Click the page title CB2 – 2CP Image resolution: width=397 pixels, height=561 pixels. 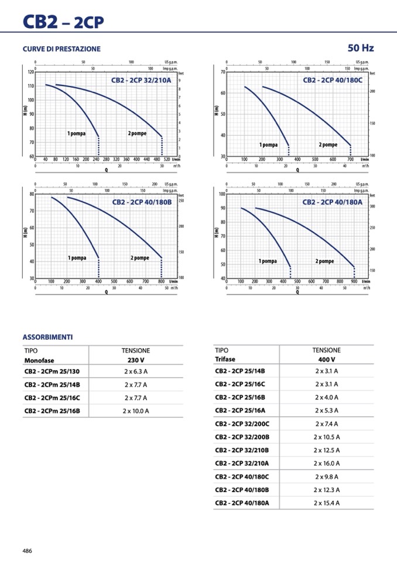(63, 22)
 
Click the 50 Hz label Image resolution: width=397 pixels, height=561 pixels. (360, 48)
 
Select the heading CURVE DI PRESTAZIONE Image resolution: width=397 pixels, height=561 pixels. (61, 49)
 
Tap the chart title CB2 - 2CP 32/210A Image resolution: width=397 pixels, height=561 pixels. (141, 80)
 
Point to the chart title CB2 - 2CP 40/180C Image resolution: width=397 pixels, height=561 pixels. (333, 80)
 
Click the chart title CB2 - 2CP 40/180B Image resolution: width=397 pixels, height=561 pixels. (142, 202)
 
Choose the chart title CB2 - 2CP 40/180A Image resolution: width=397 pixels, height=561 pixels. (333, 202)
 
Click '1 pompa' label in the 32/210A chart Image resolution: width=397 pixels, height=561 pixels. (76, 133)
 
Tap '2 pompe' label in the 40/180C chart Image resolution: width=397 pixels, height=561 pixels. (328, 144)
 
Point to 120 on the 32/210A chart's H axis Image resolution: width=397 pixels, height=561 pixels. (31, 72)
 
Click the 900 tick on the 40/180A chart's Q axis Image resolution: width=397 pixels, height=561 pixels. (354, 281)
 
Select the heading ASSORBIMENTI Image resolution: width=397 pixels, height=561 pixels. (47, 338)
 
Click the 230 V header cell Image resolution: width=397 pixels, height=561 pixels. (136, 360)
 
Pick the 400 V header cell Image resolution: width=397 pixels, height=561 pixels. (326, 359)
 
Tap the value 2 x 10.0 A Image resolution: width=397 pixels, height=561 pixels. (136, 411)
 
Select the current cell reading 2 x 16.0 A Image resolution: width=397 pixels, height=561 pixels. (326, 463)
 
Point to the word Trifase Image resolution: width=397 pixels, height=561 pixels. (225, 359)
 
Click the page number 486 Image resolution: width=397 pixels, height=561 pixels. (28, 550)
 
